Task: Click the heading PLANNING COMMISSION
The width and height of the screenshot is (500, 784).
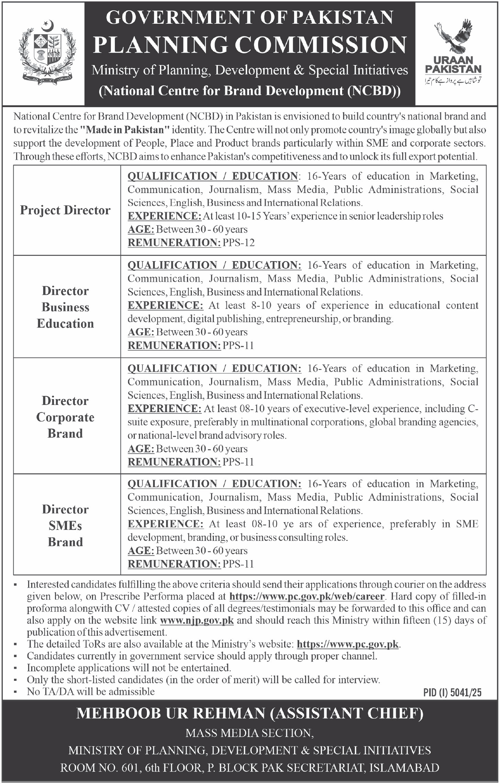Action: tap(250, 45)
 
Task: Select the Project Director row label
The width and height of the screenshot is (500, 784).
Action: tap(65, 210)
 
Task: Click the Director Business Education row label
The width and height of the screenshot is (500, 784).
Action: tap(65, 307)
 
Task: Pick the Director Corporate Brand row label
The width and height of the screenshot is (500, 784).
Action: tap(65, 417)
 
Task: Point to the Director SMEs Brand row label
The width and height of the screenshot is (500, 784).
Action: tap(65, 526)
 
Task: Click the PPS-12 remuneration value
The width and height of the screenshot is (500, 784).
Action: tap(238, 243)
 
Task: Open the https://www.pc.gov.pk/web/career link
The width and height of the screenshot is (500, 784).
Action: tap(307, 596)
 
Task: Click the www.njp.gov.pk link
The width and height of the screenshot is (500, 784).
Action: tap(197, 620)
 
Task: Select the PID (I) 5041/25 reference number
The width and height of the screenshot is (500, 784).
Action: tap(452, 693)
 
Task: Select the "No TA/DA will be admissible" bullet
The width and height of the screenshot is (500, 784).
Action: tap(91, 691)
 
